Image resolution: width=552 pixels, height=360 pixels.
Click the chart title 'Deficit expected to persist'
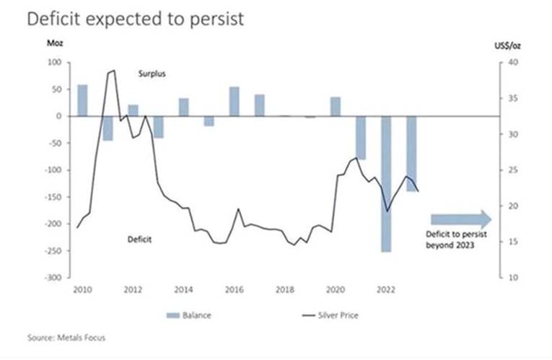click(x=136, y=19)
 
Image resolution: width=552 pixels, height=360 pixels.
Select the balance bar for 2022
click(x=387, y=184)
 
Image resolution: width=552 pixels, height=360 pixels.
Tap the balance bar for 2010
click(x=82, y=100)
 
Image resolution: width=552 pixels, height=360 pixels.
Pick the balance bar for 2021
click(x=361, y=137)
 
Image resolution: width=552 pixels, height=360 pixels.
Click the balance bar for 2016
click(x=235, y=101)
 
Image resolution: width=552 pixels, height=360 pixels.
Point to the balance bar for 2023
click(x=412, y=153)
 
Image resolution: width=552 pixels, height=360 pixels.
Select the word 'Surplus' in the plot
click(x=152, y=74)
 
